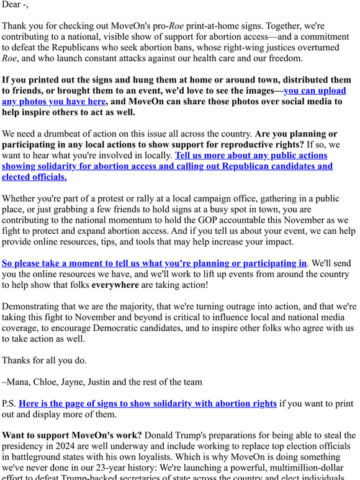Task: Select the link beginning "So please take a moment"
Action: (x=154, y=263)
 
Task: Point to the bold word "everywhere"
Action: (x=116, y=285)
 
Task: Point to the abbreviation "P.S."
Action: (x=9, y=403)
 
